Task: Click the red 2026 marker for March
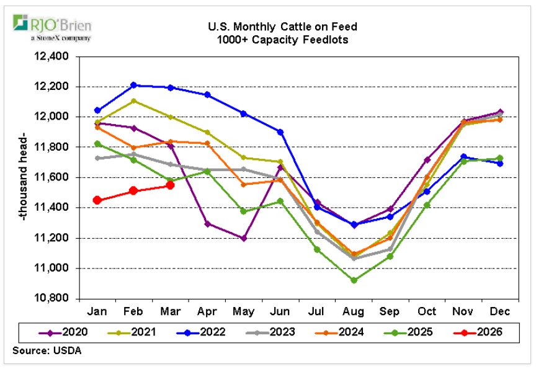pyautogui.click(x=170, y=185)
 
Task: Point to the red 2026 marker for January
pyautogui.click(x=97, y=200)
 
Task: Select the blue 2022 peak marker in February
pyautogui.click(x=134, y=85)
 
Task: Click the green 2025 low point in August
pyautogui.click(x=354, y=280)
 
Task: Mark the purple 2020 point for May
pyautogui.click(x=244, y=238)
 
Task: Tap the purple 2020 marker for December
pyautogui.click(x=500, y=112)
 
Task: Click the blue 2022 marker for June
pyautogui.click(x=280, y=132)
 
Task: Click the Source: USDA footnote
pyautogui.click(x=46, y=351)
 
